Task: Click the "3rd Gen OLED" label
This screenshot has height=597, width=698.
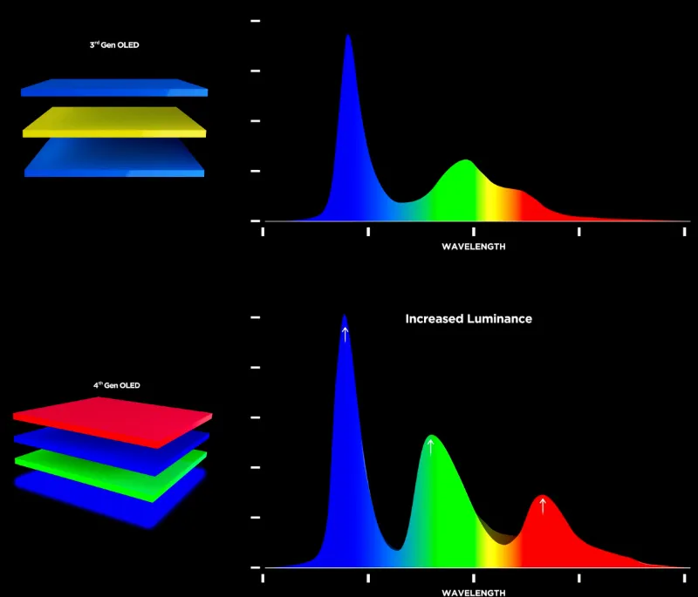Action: (x=114, y=45)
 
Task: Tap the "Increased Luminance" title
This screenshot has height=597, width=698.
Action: (x=469, y=319)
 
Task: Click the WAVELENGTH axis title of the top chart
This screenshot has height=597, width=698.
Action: (x=473, y=247)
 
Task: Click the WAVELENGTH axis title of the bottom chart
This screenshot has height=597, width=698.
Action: (x=473, y=593)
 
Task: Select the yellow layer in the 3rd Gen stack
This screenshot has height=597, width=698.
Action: (x=114, y=122)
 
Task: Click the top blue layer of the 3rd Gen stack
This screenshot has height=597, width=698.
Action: (x=114, y=87)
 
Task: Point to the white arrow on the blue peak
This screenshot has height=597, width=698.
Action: (x=345, y=334)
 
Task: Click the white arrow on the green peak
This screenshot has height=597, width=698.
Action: (x=430, y=448)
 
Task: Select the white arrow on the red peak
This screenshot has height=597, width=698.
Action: (x=543, y=505)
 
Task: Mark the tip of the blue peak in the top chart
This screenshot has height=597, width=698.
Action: (x=347, y=36)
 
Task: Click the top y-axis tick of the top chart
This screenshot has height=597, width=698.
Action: (x=256, y=20)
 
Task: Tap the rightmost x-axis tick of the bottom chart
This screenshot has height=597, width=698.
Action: (x=685, y=577)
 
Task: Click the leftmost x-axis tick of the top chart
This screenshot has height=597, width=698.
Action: (x=263, y=232)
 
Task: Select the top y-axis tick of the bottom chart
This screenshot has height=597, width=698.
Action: (x=256, y=318)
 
